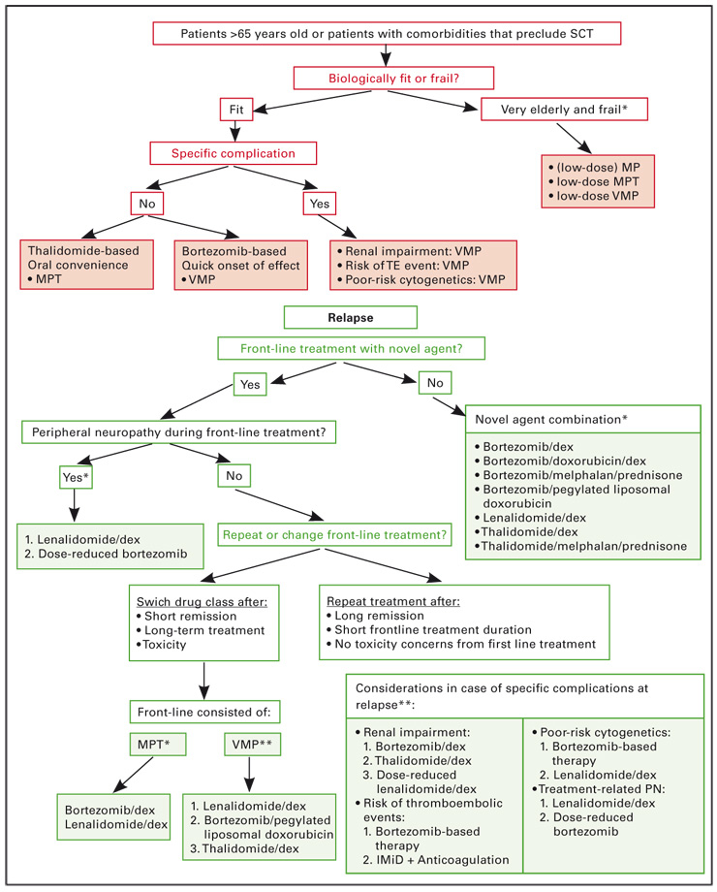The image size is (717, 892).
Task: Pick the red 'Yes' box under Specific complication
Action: pyautogui.click(x=317, y=205)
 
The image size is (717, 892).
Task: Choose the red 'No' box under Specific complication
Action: pyautogui.click(x=146, y=205)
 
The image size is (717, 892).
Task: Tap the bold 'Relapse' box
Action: pyautogui.click(x=350, y=317)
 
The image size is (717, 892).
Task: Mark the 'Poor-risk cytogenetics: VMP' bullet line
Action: pyautogui.click(x=425, y=281)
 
